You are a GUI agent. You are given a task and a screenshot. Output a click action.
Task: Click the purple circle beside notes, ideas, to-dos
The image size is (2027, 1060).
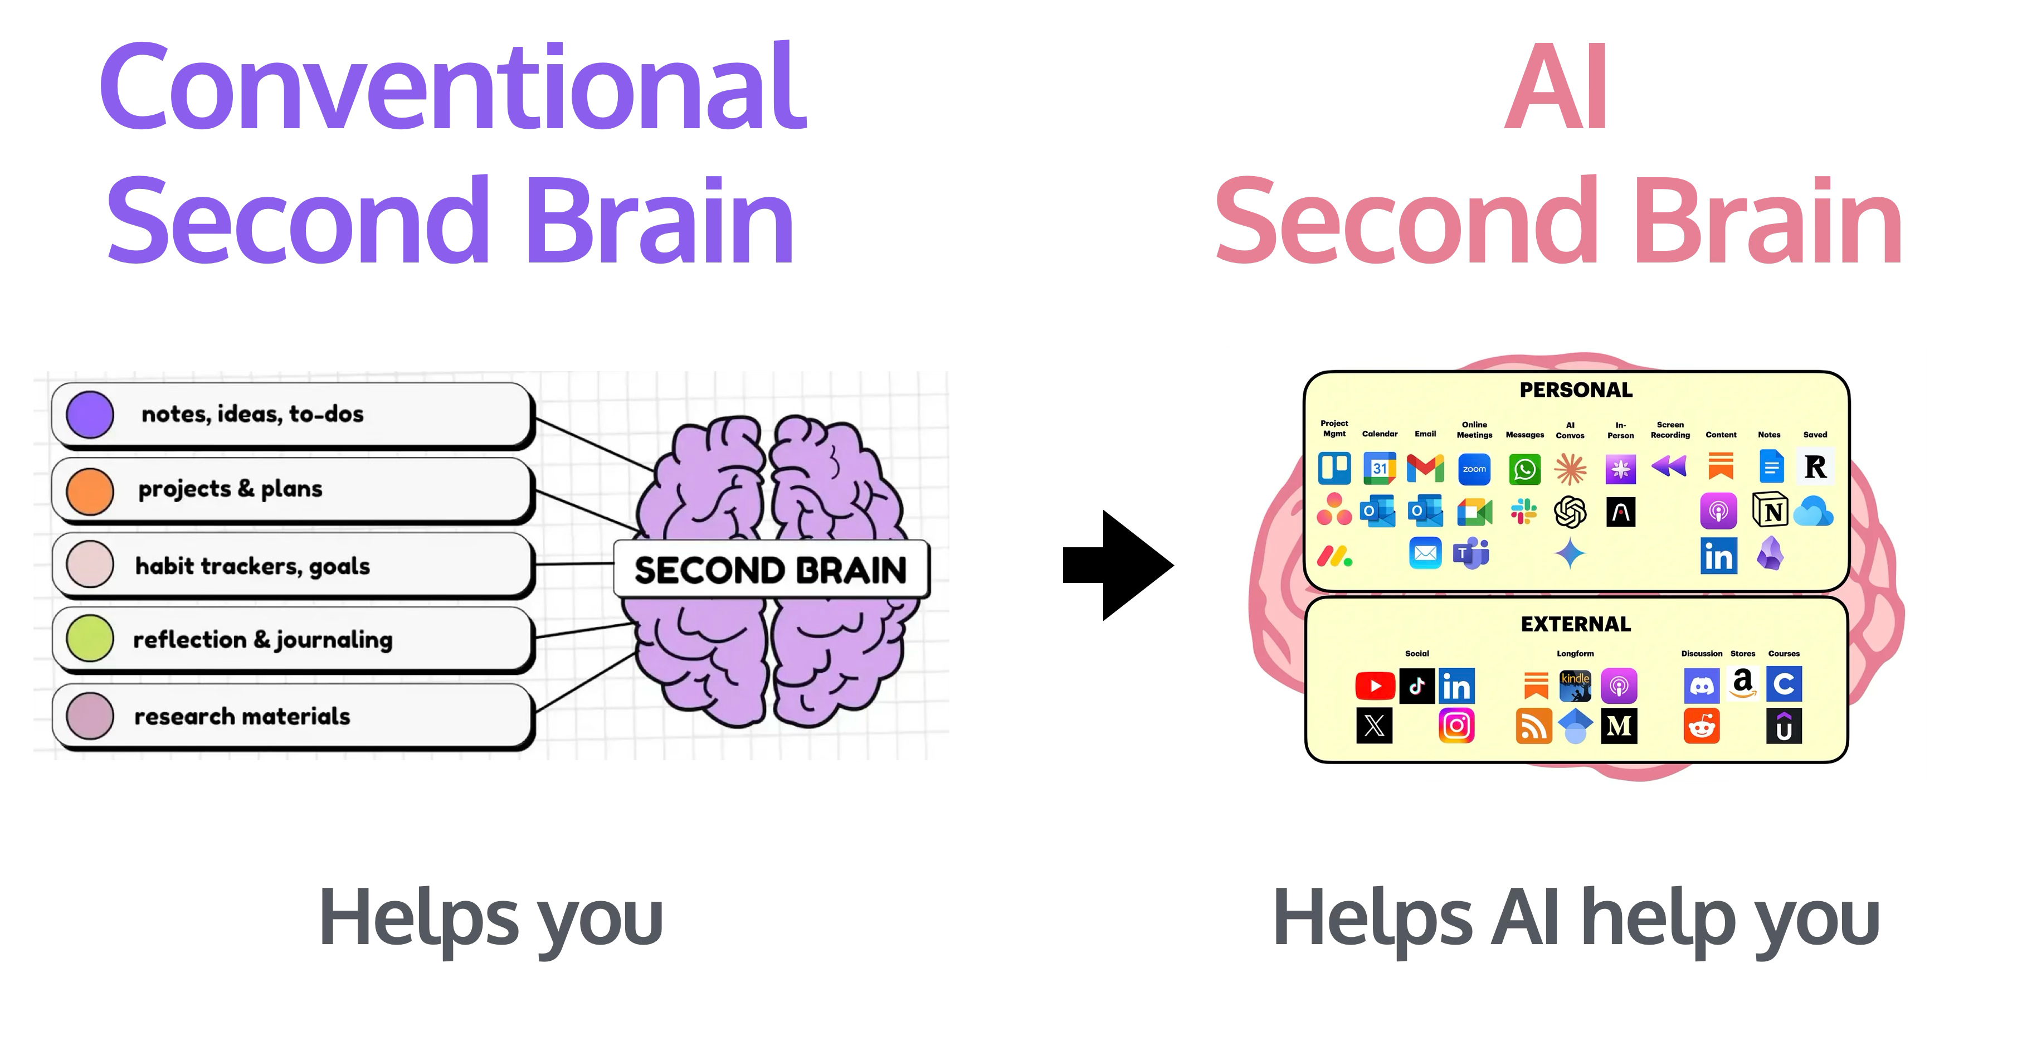(90, 415)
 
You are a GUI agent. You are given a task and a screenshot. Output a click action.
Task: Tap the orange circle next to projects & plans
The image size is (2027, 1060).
(90, 491)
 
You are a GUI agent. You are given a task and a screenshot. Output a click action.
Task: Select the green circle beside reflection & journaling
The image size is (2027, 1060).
(90, 638)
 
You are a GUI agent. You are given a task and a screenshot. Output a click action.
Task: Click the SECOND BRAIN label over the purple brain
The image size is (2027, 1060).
(771, 570)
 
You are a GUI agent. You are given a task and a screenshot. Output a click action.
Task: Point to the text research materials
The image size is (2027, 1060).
(242, 716)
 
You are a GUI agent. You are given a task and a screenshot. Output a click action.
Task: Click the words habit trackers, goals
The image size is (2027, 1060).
(252, 566)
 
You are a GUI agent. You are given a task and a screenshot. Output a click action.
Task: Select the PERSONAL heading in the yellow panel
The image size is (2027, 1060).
(1575, 390)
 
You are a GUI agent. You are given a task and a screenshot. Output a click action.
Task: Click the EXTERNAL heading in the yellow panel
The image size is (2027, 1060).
(1575, 624)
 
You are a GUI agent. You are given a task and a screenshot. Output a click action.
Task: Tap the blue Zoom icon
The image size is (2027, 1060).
(1474, 469)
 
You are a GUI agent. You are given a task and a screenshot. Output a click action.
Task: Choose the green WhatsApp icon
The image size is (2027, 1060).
(1524, 469)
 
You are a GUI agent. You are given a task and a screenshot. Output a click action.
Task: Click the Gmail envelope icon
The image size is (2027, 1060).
(1425, 468)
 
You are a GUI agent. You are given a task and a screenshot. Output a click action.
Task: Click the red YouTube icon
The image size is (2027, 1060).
(1375, 686)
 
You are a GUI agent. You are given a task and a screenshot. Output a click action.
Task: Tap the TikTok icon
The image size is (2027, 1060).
(1416, 686)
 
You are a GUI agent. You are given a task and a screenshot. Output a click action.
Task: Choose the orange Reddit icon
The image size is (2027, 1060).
(1701, 726)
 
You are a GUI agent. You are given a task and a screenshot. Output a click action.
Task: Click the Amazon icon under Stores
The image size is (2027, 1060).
(1743, 683)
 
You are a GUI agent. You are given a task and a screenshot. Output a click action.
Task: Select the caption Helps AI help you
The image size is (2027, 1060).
(1575, 918)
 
